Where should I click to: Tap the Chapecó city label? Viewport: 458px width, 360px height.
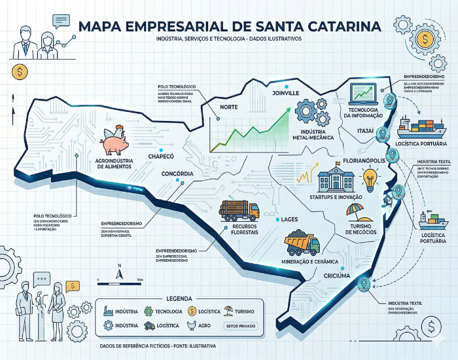pyautogui.click(x=161, y=157)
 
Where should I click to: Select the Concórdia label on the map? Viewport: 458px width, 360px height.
pyautogui.click(x=177, y=173)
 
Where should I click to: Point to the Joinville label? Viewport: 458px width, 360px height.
pyautogui.click(x=285, y=94)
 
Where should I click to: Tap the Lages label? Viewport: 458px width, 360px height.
pyautogui.click(x=290, y=219)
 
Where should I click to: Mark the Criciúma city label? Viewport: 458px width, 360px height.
pyautogui.click(x=338, y=276)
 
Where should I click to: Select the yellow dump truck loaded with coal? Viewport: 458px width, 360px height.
pyautogui.click(x=302, y=243)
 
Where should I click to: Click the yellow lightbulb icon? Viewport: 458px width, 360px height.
pyautogui.click(x=371, y=178)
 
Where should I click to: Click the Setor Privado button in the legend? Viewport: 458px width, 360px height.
pyautogui.click(x=240, y=325)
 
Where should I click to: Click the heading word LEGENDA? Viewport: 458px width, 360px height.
pyautogui.click(x=179, y=297)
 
